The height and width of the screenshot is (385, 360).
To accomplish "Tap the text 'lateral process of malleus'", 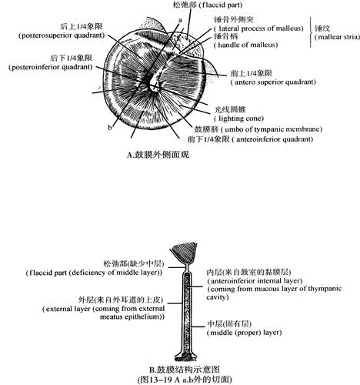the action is (258, 28).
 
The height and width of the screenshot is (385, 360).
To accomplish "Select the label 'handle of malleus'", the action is (246, 45).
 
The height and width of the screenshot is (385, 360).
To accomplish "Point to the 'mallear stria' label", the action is (337, 37).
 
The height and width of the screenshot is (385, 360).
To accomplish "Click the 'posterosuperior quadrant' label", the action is (62, 35).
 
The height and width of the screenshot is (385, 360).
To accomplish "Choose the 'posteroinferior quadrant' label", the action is (50, 67).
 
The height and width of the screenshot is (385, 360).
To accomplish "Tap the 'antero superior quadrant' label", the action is (273, 82).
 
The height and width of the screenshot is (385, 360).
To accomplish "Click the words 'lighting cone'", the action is (239, 119).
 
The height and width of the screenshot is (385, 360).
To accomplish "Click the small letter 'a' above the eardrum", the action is (180, 20).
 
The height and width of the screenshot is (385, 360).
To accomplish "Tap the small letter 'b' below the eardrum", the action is (110, 127).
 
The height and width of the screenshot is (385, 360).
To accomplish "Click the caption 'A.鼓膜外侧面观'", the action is (158, 155).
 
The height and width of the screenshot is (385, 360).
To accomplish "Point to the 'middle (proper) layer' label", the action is (245, 333).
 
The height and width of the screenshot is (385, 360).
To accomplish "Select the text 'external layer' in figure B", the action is (66, 309).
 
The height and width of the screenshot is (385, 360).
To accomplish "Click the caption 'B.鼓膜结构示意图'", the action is (185, 370).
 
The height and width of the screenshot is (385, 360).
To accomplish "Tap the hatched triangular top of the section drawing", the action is (184, 253).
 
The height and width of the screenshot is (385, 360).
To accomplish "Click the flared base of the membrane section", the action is (186, 357).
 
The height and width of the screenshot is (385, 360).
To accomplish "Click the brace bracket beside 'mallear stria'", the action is (311, 32).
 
